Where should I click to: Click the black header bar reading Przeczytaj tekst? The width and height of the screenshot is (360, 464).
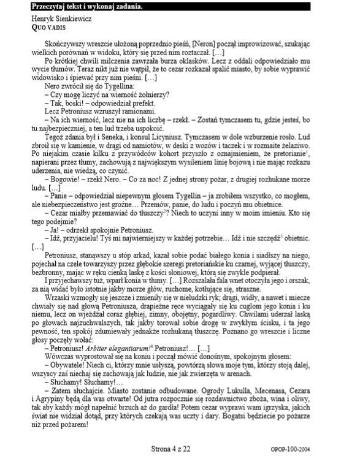pyautogui.click(x=179, y=7)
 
